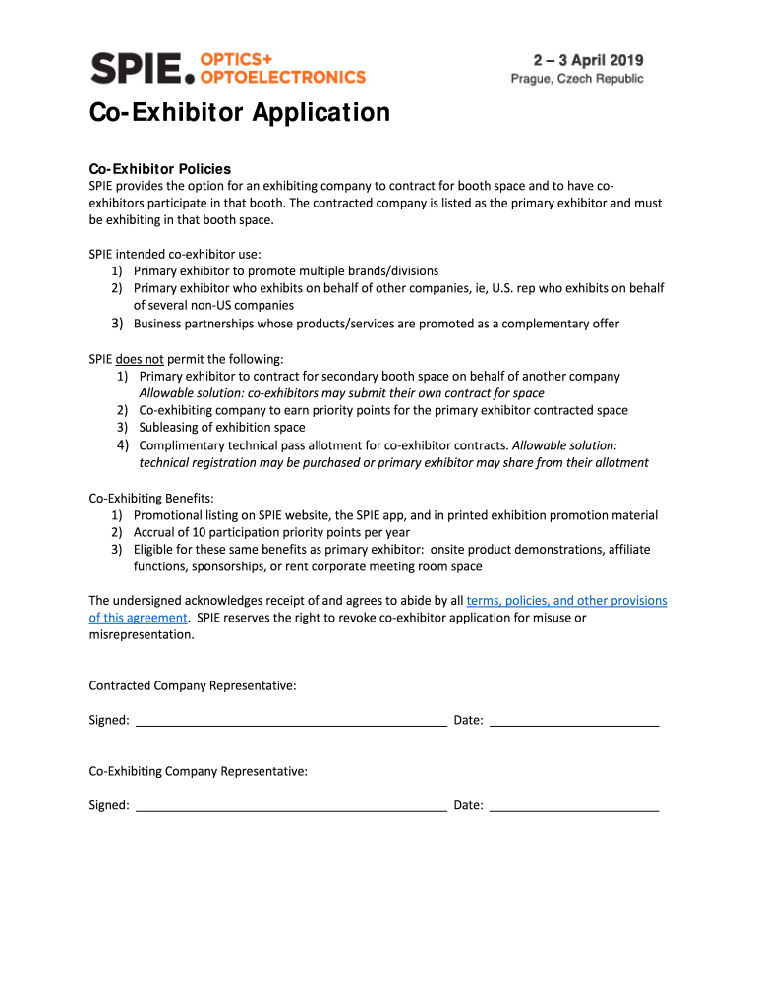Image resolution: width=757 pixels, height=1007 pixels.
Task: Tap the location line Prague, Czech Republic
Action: click(x=577, y=79)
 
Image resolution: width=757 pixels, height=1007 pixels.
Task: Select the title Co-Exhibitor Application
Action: click(x=240, y=113)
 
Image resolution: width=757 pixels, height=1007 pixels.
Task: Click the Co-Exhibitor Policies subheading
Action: click(x=160, y=168)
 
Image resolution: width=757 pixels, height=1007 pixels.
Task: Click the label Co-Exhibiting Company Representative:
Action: click(x=199, y=771)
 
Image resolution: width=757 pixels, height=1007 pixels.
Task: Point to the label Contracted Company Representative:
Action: click(x=193, y=685)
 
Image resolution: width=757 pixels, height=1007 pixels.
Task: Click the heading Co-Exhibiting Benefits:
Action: click(x=151, y=497)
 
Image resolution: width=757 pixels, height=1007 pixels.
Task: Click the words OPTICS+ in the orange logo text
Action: click(x=237, y=59)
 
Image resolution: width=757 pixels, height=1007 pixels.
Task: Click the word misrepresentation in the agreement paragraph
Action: click(x=141, y=634)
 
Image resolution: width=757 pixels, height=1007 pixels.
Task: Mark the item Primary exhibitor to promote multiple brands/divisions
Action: click(x=286, y=270)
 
